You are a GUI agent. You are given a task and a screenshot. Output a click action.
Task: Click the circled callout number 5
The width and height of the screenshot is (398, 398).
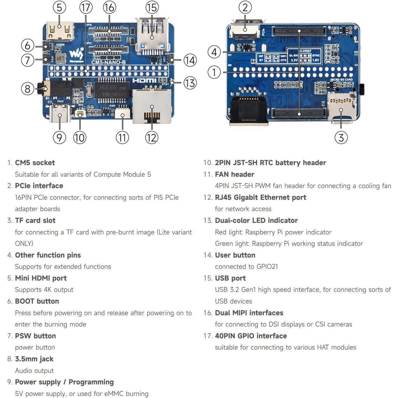click(59, 8)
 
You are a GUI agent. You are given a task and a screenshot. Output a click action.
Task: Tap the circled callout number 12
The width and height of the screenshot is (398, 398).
click(152, 138)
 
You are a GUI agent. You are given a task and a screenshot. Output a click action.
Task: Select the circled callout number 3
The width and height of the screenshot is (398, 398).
click(341, 138)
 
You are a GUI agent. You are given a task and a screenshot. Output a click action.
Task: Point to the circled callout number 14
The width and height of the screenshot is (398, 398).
click(190, 60)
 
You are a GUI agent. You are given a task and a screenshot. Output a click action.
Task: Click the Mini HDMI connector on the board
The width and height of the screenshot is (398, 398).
click(59, 31)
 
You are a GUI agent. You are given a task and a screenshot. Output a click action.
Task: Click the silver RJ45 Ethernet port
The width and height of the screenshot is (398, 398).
click(152, 106)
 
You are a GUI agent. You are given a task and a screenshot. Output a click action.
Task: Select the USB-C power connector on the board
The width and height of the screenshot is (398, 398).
click(60, 113)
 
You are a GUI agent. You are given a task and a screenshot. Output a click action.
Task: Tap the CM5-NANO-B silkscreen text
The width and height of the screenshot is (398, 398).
click(108, 62)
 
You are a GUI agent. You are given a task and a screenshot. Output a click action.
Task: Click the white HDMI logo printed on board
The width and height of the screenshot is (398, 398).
click(144, 80)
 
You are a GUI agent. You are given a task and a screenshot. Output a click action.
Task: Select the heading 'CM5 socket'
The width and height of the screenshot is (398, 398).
click(35, 163)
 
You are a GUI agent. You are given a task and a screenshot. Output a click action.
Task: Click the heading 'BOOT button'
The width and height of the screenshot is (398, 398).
click(37, 301)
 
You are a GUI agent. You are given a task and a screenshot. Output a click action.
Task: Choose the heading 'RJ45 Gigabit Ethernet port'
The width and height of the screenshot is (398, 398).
click(260, 197)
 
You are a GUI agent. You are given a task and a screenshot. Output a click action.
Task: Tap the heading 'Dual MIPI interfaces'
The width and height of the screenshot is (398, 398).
click(249, 313)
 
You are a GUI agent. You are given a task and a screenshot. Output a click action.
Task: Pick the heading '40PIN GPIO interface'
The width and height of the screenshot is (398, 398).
click(251, 336)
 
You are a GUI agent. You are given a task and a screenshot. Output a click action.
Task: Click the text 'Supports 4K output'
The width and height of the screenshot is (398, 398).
click(44, 290)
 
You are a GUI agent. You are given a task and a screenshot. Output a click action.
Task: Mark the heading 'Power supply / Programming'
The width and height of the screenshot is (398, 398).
click(64, 382)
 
